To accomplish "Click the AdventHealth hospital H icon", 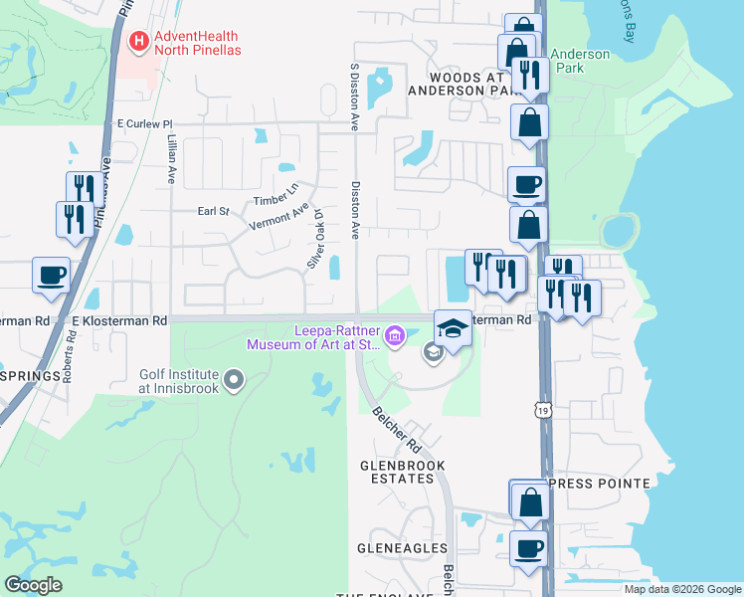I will (x=139, y=42).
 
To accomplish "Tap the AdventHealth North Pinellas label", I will (x=199, y=43).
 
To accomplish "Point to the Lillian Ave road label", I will (x=171, y=159).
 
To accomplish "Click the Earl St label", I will (x=213, y=211).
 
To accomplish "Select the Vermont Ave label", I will (x=279, y=220).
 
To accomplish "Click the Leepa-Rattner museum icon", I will (x=395, y=337).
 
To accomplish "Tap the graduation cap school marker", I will (x=452, y=329).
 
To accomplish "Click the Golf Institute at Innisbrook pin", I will (x=234, y=378).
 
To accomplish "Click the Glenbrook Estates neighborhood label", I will (x=402, y=472).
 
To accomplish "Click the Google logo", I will (x=33, y=585).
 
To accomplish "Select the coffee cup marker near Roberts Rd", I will (x=51, y=275).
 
